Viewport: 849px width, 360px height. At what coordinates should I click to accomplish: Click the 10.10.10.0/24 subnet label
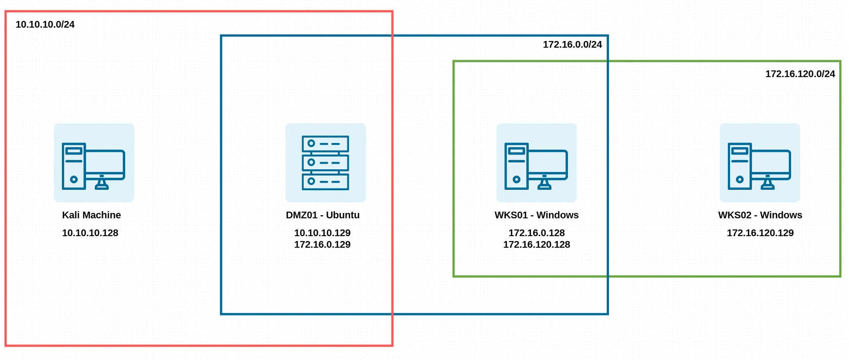[45, 25]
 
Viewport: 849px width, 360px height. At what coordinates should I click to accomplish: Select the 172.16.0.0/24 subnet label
[572, 45]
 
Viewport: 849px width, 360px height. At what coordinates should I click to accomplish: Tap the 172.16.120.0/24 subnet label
[800, 74]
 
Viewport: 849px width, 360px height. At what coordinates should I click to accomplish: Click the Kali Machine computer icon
[94, 163]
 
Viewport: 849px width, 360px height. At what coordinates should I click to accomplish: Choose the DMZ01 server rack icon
[325, 163]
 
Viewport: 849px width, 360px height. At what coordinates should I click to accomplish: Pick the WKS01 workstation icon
[536, 163]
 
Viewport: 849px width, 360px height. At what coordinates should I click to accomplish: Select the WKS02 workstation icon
[759, 163]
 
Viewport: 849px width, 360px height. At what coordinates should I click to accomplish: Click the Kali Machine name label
[91, 215]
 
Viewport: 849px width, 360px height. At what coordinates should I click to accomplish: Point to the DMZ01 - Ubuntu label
[322, 215]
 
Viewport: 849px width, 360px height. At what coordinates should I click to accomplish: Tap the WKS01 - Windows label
[536, 215]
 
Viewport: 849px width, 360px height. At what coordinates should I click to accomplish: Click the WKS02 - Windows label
[760, 215]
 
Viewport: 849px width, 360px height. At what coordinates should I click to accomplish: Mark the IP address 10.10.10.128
[90, 233]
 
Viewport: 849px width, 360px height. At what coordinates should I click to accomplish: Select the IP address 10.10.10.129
[322, 233]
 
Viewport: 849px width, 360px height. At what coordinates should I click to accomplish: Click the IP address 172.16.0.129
[322, 245]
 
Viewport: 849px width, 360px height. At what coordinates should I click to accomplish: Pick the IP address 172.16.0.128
[536, 233]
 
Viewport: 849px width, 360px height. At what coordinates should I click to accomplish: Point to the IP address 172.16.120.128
[536, 245]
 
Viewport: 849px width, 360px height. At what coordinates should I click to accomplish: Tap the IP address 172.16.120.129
[760, 233]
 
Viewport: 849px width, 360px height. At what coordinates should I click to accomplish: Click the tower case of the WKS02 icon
[739, 166]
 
